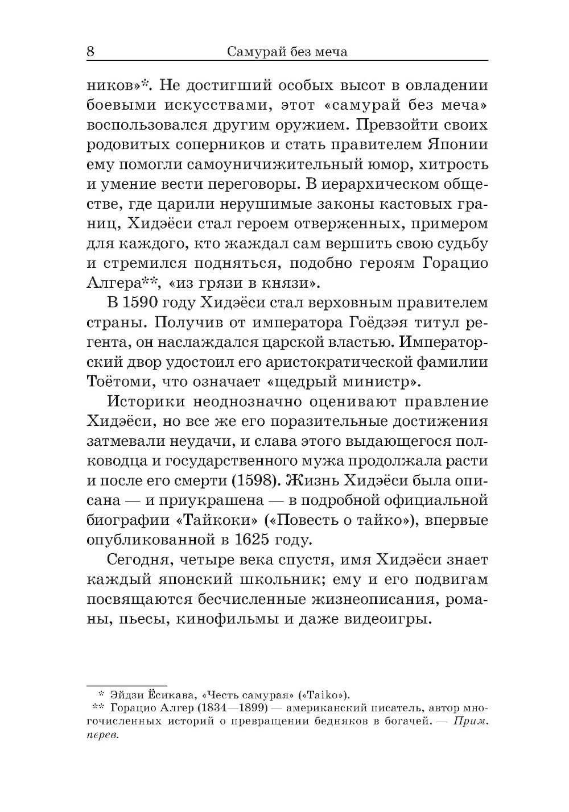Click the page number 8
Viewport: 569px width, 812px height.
tap(90, 52)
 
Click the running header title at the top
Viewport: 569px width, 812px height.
tap(287, 52)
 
